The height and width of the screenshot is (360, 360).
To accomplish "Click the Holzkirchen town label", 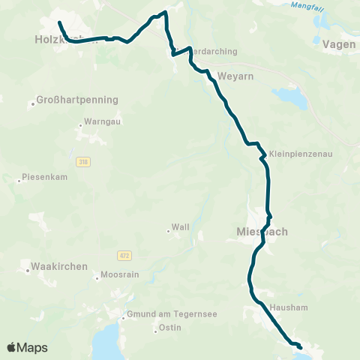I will [66, 40].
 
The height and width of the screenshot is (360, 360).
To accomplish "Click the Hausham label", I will [281, 307].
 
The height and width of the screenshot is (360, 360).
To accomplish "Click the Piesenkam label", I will [45, 179].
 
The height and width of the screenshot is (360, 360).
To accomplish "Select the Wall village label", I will [180, 227].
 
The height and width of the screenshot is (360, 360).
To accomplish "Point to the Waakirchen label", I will [59, 266].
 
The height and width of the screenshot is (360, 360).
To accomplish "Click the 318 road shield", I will [82, 161].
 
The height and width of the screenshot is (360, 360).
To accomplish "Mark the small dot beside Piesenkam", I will [19, 180].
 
